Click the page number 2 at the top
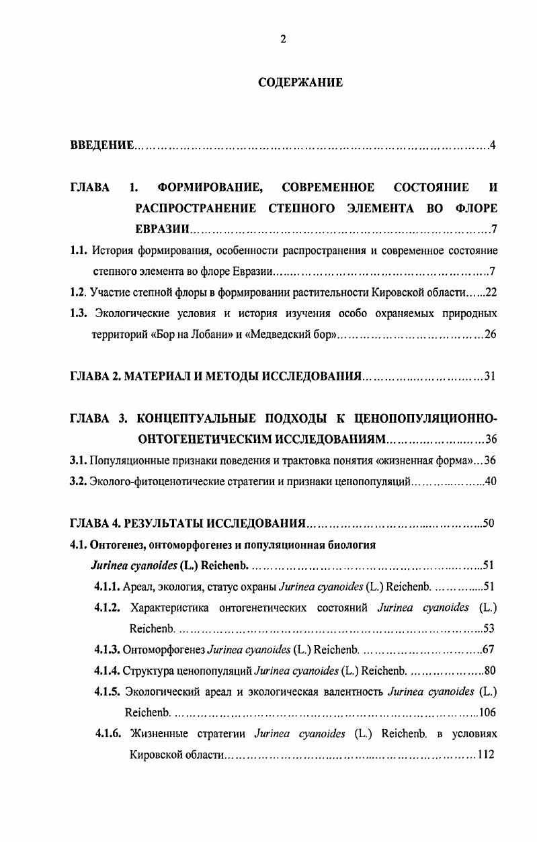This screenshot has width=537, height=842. click(283, 39)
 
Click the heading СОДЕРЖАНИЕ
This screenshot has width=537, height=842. click(300, 83)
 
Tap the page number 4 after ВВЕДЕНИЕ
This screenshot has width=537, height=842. click(493, 146)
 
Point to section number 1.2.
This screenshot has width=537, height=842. click(79, 293)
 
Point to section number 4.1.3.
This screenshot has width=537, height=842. click(108, 650)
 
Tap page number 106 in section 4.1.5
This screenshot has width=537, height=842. click(487, 712)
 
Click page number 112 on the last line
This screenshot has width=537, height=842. click(486, 754)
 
